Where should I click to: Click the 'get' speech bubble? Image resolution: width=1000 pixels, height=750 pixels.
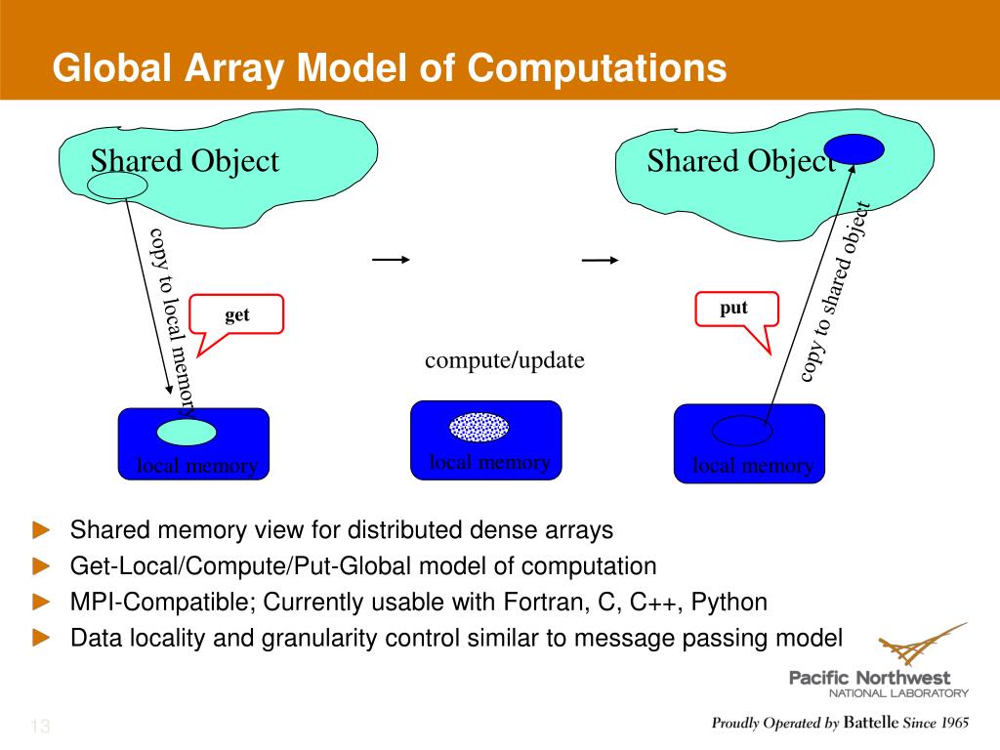pyautogui.click(x=237, y=315)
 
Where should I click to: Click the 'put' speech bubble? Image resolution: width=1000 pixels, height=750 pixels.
pyautogui.click(x=734, y=309)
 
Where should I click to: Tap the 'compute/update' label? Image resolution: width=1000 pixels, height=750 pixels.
pyautogui.click(x=504, y=360)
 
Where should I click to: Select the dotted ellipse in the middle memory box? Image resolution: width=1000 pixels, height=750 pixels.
pyautogui.click(x=479, y=427)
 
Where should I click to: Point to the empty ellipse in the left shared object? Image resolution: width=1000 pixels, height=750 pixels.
pyautogui.click(x=117, y=185)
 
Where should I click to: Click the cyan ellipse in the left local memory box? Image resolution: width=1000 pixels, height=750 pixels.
pyautogui.click(x=187, y=431)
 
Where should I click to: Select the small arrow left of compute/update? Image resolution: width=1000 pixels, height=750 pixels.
pyautogui.click(x=391, y=260)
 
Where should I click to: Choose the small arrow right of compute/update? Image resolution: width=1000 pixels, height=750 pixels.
pyautogui.click(x=600, y=260)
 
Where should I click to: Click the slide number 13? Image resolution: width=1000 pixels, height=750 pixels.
pyautogui.click(x=40, y=727)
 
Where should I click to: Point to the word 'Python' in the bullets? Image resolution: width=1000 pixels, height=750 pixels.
pyautogui.click(x=729, y=602)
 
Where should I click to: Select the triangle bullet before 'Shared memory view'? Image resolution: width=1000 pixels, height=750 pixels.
pyautogui.click(x=40, y=530)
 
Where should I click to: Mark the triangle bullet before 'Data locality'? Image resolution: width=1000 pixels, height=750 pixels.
pyautogui.click(x=40, y=638)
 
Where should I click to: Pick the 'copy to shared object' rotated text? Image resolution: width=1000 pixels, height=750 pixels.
pyautogui.click(x=836, y=293)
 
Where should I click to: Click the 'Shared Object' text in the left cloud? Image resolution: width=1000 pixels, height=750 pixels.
pyautogui.click(x=185, y=161)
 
